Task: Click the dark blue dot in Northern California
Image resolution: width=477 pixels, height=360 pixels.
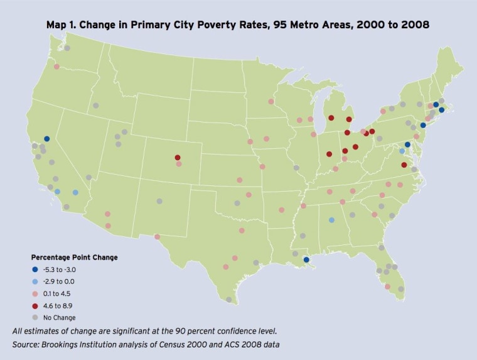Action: [46, 139]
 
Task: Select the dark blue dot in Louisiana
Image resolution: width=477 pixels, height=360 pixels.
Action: [306, 259]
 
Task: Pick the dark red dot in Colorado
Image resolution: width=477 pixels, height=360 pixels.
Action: [178, 158]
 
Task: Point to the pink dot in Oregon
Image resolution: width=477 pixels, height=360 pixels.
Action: [56, 67]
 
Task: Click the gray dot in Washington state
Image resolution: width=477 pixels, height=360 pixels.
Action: [67, 48]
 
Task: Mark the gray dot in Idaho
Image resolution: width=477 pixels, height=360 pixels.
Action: [95, 106]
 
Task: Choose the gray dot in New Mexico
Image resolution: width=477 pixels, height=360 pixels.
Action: [159, 202]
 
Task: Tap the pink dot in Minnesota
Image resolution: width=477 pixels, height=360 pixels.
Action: [271, 101]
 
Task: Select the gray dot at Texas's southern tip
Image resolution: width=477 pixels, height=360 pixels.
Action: [229, 300]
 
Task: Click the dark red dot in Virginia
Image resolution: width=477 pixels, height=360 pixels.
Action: [404, 165]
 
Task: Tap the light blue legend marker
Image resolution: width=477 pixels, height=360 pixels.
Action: [36, 281]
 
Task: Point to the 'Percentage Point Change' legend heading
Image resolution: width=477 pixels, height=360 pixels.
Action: [75, 258]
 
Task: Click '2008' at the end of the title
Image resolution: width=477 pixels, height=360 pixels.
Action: [416, 26]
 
